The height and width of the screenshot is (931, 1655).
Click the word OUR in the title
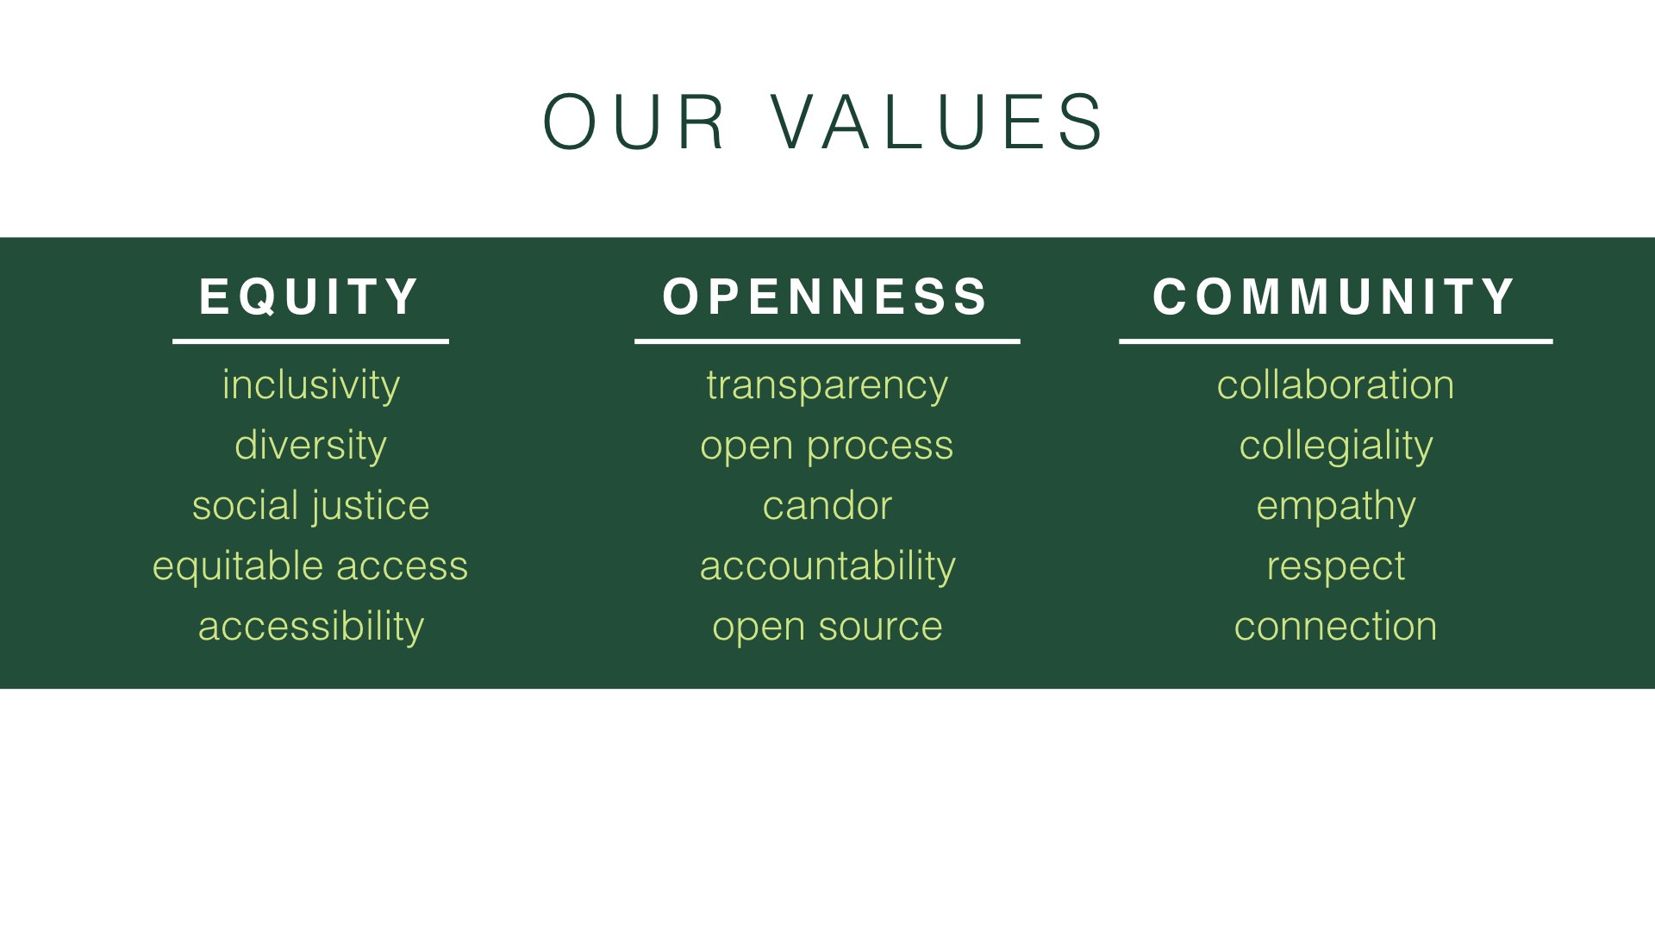(x=634, y=122)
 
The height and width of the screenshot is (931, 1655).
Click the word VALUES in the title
(x=937, y=122)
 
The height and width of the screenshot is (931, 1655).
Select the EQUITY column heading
(x=309, y=297)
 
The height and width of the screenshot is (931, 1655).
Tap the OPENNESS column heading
(x=825, y=297)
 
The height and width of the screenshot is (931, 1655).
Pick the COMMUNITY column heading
(x=1333, y=297)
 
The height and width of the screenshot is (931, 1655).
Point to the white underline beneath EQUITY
(x=310, y=341)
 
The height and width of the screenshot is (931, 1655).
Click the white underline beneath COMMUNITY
(x=1335, y=341)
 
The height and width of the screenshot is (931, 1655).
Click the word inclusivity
(x=310, y=385)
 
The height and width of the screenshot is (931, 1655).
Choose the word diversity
(x=310, y=446)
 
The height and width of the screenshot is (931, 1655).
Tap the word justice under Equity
(x=371, y=506)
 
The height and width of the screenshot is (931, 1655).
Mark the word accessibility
(x=310, y=627)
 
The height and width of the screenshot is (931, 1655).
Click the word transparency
(x=827, y=385)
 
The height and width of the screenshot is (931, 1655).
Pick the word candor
(x=827, y=505)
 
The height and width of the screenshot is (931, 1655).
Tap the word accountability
(x=827, y=566)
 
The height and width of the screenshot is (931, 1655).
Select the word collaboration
(x=1335, y=384)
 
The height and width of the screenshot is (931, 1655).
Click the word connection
(x=1335, y=627)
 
